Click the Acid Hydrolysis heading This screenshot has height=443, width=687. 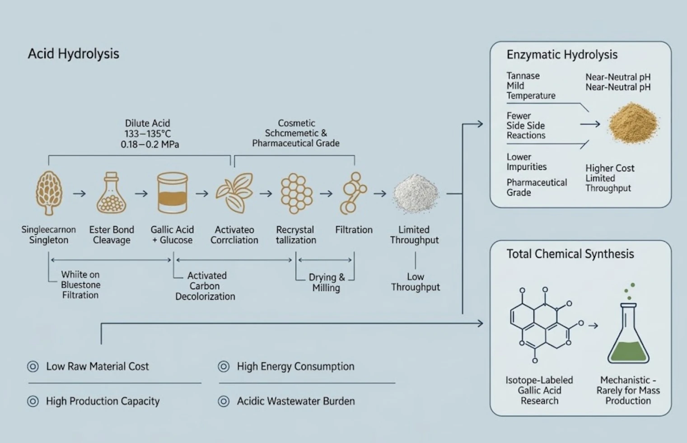pos(73,54)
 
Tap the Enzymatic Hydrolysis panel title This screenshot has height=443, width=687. pos(562,55)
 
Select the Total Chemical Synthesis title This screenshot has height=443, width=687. pos(570,254)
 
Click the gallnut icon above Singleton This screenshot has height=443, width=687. pos(49,193)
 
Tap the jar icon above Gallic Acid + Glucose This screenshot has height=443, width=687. pos(173,193)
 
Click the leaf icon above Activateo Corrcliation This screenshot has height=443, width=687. pos(234,193)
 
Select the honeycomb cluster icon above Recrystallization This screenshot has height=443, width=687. pos(296,193)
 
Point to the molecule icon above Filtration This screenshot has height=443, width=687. pos(353,193)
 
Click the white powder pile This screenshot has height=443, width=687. pos(416,194)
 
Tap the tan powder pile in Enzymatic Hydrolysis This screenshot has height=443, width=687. pos(633,124)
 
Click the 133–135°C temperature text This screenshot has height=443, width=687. pos(148,134)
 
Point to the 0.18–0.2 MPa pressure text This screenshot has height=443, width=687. pos(150,145)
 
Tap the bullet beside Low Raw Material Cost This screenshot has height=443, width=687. pos(33,366)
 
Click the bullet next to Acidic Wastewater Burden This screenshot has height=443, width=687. pos(224,401)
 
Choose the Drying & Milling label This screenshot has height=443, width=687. pos(327,282)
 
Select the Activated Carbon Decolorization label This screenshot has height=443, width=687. pos(205,286)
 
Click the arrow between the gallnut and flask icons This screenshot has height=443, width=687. pos(79,194)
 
